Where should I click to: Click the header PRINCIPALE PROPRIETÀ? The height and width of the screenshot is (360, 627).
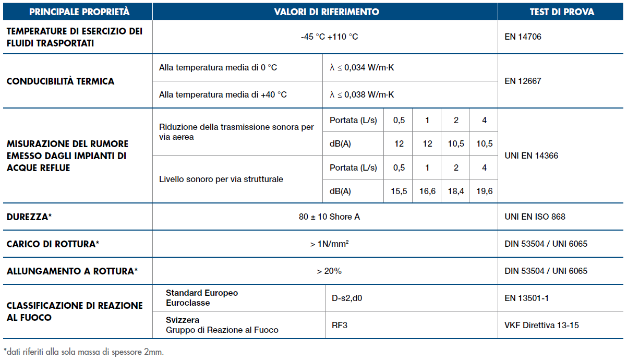point(79,11)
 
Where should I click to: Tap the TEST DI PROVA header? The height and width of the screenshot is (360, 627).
point(562,11)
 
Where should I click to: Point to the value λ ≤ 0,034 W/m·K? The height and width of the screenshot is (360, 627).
point(361,68)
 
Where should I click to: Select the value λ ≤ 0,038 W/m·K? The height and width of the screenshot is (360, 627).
point(361,94)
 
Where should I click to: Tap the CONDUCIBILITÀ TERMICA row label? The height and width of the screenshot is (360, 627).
point(61,81)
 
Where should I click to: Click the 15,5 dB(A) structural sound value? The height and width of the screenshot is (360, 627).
point(399,191)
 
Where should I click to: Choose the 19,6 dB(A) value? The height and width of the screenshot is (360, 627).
point(484,191)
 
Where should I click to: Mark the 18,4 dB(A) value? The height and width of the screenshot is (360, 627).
point(456,191)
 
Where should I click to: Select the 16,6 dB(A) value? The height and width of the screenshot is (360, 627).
point(427,191)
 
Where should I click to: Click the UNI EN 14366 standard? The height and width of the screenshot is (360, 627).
point(532,155)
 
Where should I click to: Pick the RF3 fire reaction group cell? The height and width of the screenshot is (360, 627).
point(340,325)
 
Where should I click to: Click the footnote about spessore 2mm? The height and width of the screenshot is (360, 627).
point(83,352)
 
